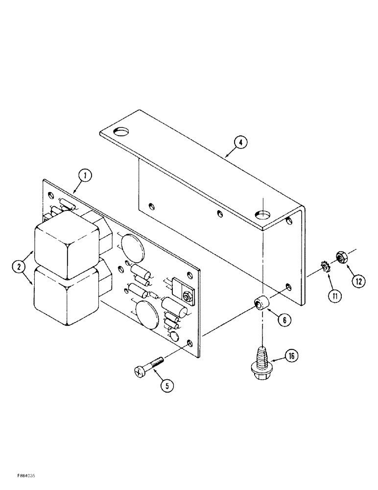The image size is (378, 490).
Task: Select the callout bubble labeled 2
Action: (x=19, y=267)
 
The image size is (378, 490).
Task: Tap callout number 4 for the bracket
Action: (x=240, y=142)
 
